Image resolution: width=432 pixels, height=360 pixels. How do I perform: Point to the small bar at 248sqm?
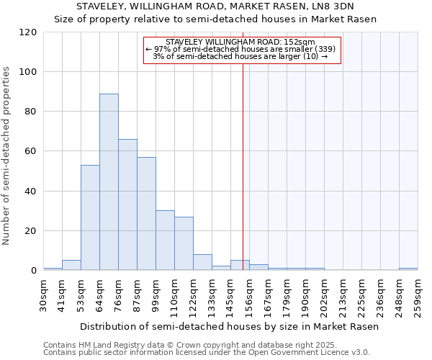[408, 269]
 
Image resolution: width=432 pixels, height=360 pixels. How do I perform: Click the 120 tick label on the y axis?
[28, 32]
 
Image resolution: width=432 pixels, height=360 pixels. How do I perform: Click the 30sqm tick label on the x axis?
[44, 294]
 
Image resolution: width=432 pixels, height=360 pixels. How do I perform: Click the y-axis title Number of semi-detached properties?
[7, 156]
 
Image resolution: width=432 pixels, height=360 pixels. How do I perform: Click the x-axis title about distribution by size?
[229, 326]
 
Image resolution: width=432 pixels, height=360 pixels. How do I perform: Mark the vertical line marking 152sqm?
[243, 166]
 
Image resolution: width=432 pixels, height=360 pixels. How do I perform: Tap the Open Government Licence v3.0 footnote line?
[207, 353]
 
